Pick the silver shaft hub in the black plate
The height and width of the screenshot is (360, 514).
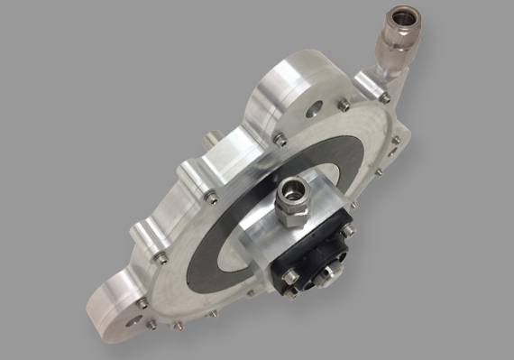tap(331, 272)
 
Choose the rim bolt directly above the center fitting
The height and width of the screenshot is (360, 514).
tap(280, 139)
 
